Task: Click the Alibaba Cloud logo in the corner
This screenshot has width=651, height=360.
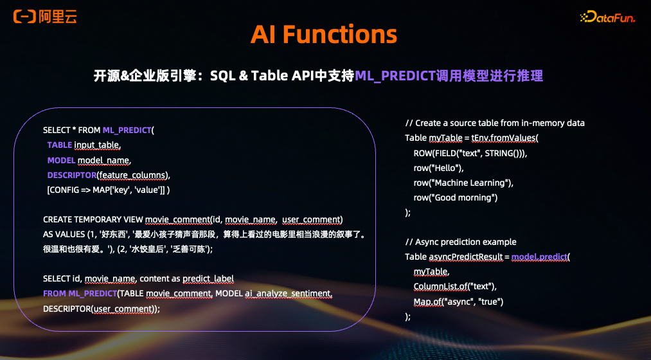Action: pyautogui.click(x=45, y=17)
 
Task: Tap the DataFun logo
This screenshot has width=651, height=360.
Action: pyautogui.click(x=607, y=18)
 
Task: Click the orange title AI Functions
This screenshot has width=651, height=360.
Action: pyautogui.click(x=324, y=35)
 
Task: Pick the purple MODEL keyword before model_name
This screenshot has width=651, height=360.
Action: pyautogui.click(x=60, y=159)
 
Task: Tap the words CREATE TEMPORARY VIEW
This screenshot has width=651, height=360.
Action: pyautogui.click(x=93, y=219)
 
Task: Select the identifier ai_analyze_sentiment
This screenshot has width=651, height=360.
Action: pyautogui.click(x=289, y=293)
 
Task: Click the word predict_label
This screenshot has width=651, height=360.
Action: pyautogui.click(x=208, y=278)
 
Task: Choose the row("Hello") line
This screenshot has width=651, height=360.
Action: pyautogui.click(x=438, y=168)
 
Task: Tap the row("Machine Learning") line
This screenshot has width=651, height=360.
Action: pyautogui.click(x=463, y=183)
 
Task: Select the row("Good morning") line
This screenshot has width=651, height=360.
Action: pyautogui.click(x=455, y=197)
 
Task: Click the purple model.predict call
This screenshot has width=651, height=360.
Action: pyautogui.click(x=540, y=256)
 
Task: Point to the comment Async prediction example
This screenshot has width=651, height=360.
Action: pyautogui.click(x=460, y=242)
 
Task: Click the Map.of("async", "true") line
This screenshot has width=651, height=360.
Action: pyautogui.click(x=458, y=301)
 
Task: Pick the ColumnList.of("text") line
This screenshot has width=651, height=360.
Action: pyautogui.click(x=454, y=286)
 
